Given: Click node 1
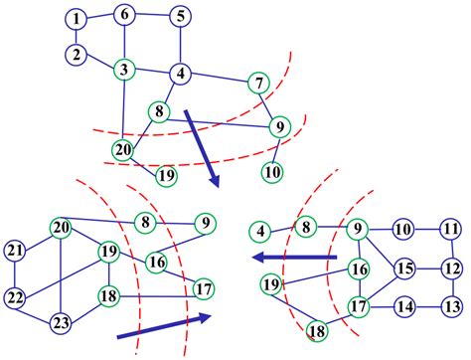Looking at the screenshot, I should [x=79, y=19].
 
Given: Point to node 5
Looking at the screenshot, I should [x=180, y=15].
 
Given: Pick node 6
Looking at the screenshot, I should [x=124, y=14].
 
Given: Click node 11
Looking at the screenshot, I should [x=451, y=230].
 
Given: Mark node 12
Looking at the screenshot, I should [x=451, y=268].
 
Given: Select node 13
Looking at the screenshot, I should [x=451, y=307].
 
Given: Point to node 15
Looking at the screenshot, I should [x=404, y=268].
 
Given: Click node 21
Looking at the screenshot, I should [x=15, y=251].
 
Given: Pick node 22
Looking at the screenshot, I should [x=15, y=297].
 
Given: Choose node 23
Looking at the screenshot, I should [x=62, y=321].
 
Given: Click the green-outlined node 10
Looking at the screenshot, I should [x=272, y=172].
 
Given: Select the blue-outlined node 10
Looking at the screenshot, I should [x=403, y=230].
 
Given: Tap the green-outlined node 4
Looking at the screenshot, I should [x=258, y=231].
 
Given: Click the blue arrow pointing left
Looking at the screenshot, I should [x=292, y=258].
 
